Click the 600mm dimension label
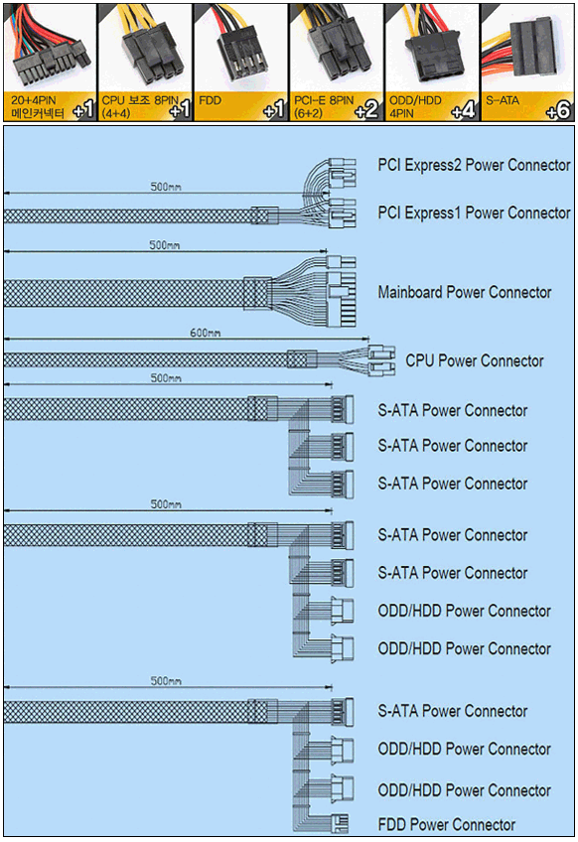(205, 333)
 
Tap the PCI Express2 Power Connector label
(474, 165)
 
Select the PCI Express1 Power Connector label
(474, 212)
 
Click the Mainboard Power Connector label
(465, 292)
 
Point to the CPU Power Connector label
(475, 360)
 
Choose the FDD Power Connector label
(446, 824)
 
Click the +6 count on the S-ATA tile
(557, 110)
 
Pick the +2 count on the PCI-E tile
(367, 110)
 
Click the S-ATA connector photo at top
(527, 48)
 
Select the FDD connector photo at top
(240, 50)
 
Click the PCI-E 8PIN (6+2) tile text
(324, 106)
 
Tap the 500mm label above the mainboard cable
(165, 245)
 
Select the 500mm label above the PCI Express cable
(166, 187)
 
